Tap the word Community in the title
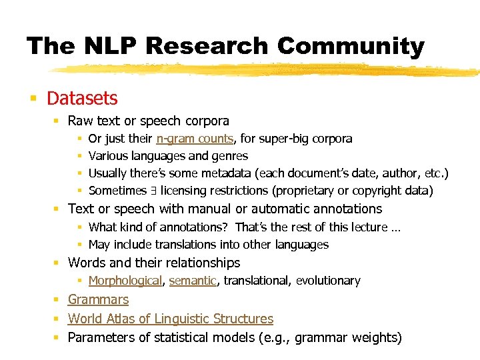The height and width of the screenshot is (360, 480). tap(351, 46)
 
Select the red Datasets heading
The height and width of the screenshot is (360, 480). tap(82, 99)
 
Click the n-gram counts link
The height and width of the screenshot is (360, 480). tap(195, 139)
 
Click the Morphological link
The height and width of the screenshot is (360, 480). tap(125, 281)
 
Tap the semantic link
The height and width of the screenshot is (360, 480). tap(193, 281)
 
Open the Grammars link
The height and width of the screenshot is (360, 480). tap(98, 300)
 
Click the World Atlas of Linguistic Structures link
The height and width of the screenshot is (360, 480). tap(171, 319)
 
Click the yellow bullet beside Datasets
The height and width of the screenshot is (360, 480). tap(32, 99)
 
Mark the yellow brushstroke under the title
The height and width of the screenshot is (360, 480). tap(267, 69)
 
